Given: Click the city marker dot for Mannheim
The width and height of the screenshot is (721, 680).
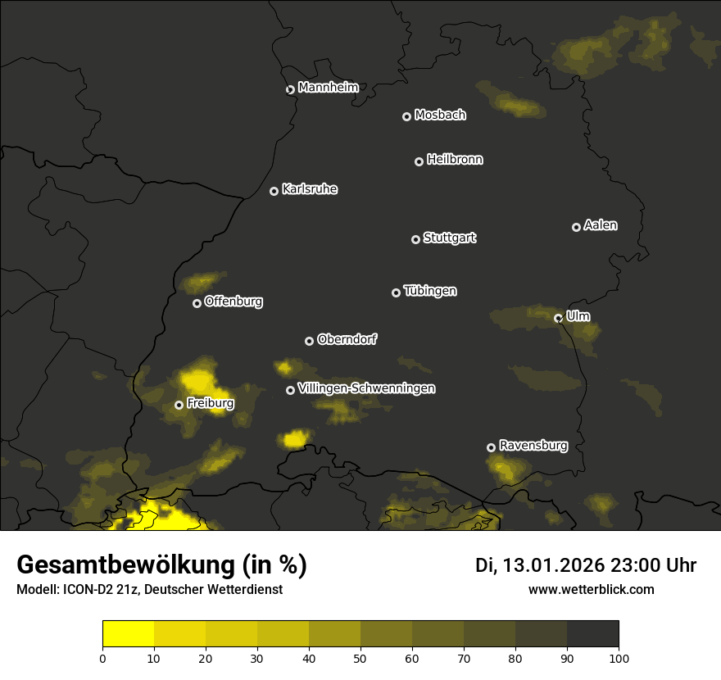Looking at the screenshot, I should coord(290,90).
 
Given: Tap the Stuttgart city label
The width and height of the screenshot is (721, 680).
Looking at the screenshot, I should coord(449,238).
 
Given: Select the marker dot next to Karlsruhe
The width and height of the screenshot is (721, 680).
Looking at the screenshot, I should coord(274,192).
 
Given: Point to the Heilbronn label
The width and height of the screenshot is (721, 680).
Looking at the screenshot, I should coord(455,160).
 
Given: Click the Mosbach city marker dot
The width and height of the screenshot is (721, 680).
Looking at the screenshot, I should coord(406,117).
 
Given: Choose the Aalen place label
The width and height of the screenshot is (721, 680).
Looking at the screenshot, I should coord(601,225).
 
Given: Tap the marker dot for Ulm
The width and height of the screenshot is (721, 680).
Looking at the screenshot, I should coord(558,318).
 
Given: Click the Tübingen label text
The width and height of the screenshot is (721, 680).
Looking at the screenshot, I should coord(430,291).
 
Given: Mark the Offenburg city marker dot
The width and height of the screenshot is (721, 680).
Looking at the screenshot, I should coord(197,303).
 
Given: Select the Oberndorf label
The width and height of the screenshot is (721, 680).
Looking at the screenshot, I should coord(347,339).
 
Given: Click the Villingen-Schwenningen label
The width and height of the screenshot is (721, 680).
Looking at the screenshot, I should coord(366,388).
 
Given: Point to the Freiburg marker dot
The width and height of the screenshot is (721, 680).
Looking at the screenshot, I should coord(179,405).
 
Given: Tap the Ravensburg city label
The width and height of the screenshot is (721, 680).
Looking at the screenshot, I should coord(533,446).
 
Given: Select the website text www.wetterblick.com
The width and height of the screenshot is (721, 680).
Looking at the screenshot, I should coord(591,589).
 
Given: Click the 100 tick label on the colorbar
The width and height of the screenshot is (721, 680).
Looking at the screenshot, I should coord(619,657).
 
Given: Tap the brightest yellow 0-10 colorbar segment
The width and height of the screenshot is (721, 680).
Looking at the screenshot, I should coord(128,633).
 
